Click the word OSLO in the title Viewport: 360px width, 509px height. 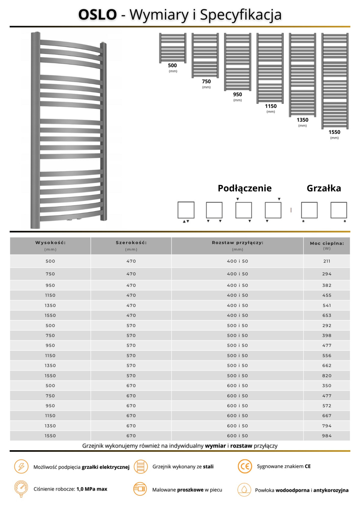97,14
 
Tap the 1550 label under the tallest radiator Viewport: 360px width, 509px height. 334,132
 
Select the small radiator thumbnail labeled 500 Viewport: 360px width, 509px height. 172,48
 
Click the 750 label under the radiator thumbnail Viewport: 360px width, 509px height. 206,81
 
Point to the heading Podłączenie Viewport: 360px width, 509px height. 244,188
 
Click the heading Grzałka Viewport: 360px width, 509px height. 324,188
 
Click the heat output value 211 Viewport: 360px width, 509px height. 327,261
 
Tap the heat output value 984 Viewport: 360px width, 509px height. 327,436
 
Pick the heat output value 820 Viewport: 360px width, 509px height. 327,376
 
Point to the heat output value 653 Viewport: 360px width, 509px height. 327,316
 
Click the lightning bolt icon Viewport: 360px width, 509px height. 21,466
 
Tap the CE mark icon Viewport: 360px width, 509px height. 245,466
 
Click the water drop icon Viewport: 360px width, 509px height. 244,489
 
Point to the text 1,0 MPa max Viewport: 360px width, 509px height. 92,489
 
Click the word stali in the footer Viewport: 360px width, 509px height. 208,466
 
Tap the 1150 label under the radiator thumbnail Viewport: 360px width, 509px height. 271,106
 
